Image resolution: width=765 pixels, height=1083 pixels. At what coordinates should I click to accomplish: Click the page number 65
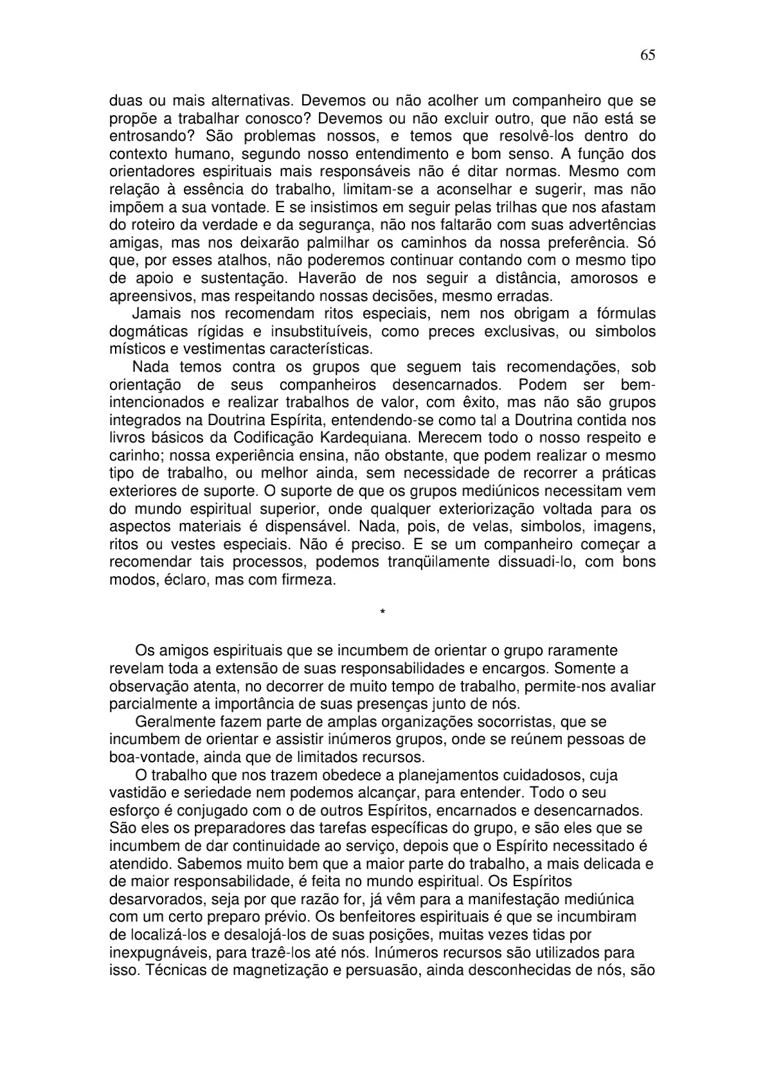click(x=647, y=55)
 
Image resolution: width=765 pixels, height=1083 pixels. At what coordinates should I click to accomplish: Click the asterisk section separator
click(x=382, y=612)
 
